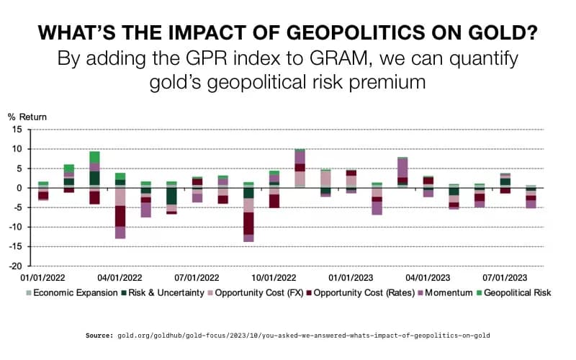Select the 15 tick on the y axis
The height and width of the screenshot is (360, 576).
[x=18, y=130]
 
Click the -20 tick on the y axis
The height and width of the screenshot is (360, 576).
[x=16, y=266]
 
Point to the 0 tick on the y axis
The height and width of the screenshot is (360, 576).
[x=21, y=188]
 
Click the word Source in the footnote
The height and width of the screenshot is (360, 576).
[x=99, y=336]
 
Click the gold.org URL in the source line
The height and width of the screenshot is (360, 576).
[x=302, y=336]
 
